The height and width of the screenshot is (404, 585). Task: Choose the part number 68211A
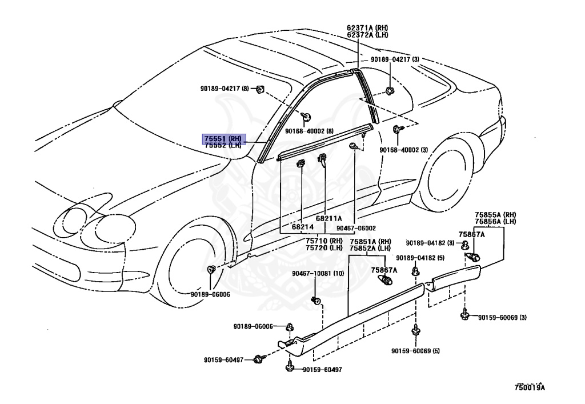[328, 218]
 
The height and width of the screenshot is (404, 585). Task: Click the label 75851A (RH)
[370, 241]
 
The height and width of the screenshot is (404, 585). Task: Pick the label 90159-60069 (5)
[416, 351]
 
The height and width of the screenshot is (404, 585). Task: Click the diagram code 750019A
[530, 388]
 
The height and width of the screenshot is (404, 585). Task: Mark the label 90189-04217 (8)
[225, 88]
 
